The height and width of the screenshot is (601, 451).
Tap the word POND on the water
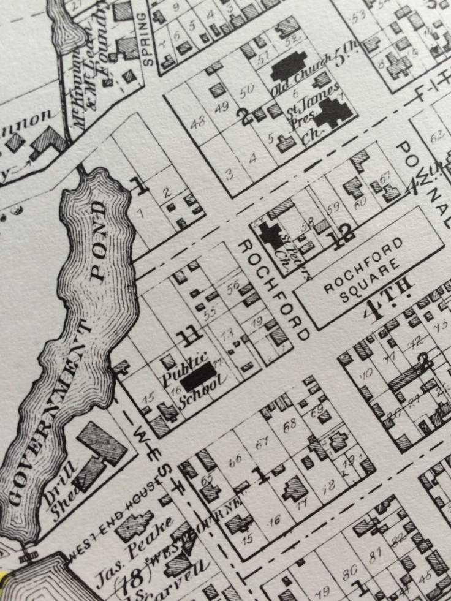99,239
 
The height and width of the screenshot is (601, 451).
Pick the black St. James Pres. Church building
333,112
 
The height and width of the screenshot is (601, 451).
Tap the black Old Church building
289,67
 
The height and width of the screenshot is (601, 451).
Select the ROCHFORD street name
272,289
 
